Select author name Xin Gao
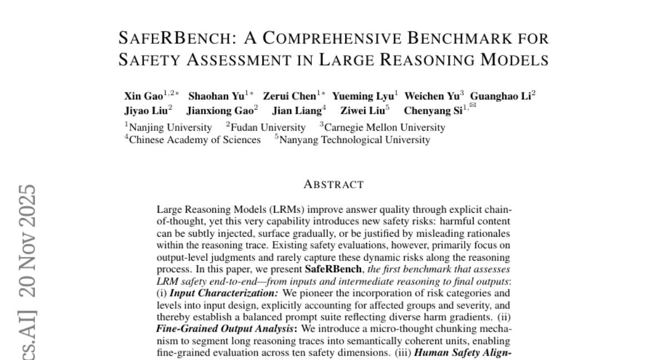coord(143,96)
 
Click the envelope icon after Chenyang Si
coord(472,106)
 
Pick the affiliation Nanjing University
coord(170,128)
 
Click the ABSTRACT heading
coord(334,184)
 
